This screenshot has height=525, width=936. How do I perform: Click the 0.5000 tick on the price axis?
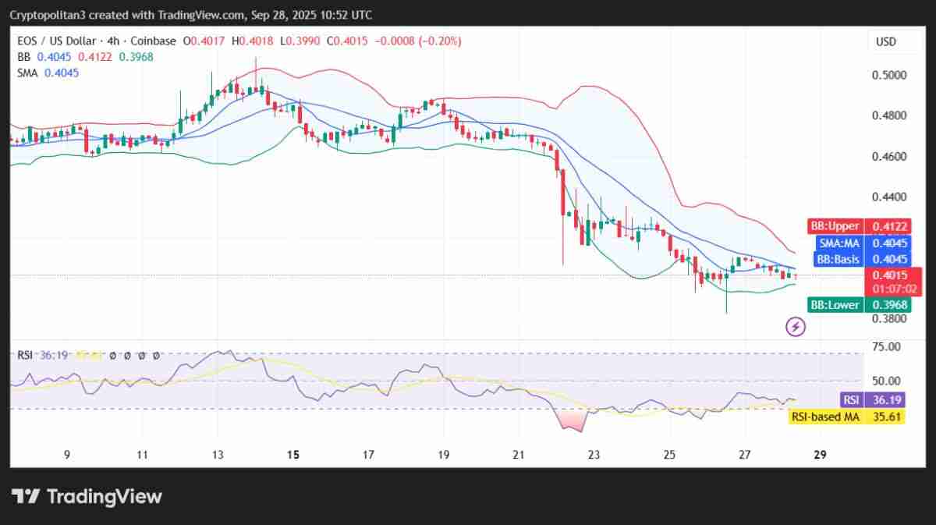point(889,75)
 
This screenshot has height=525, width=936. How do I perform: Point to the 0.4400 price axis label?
point(889,197)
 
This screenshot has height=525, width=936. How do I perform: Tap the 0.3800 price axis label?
point(889,318)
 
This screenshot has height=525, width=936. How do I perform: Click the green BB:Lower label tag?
point(835,304)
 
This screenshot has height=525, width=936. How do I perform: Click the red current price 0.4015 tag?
point(894,275)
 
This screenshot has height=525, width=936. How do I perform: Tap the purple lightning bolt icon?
point(795,326)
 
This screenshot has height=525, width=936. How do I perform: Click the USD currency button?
point(886,41)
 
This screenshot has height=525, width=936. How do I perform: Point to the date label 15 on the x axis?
point(292,454)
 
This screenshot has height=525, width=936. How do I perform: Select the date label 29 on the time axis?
point(821,454)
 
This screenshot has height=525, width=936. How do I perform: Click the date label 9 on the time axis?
point(67,454)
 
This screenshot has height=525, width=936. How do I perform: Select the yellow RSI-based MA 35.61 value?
point(894,417)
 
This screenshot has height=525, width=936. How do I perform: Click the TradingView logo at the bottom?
point(87,496)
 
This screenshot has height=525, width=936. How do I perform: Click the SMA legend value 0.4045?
point(62,73)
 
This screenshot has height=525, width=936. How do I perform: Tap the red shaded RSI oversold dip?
point(571,420)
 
